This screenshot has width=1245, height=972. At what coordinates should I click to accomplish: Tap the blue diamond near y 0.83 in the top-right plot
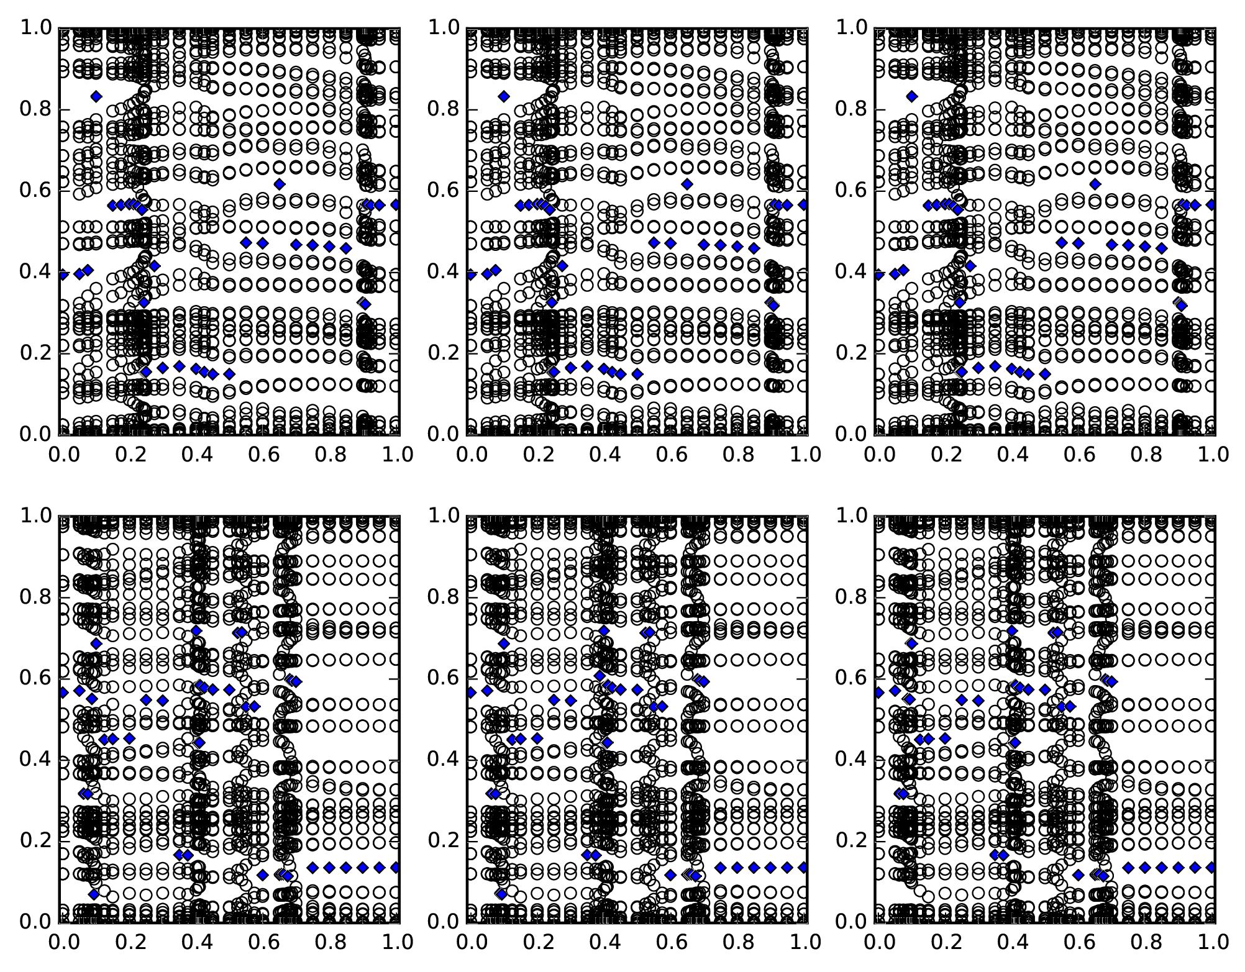912,96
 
